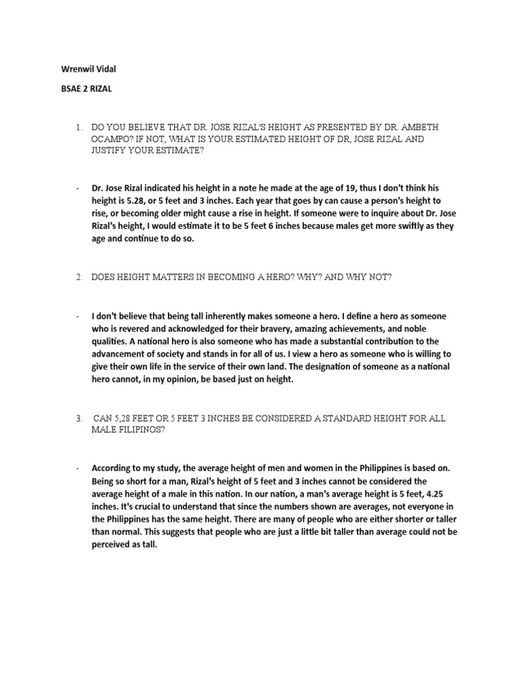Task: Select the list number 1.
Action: [x=79, y=127]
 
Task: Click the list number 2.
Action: [x=79, y=277]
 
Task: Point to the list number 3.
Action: [x=79, y=419]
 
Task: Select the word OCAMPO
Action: [x=112, y=139]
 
